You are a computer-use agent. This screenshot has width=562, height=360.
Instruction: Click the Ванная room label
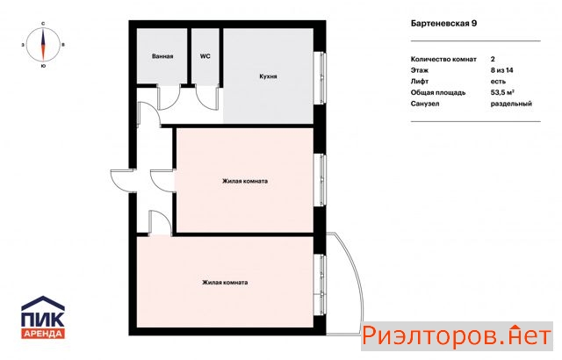coord(162,56)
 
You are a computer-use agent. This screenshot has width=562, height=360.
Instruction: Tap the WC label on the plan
coord(205,56)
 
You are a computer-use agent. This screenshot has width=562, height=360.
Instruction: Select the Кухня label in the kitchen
coord(268,76)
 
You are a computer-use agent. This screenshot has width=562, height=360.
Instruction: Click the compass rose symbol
coord(43,45)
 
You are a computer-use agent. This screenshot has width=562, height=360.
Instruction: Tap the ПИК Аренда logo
coord(43,317)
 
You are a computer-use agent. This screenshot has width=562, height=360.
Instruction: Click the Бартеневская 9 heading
coord(443,24)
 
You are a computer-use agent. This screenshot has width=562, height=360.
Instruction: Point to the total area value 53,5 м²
coord(502,92)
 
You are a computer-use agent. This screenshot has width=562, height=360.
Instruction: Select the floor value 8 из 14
coord(501,70)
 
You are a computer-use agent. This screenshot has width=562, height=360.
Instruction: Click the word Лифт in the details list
coord(420,82)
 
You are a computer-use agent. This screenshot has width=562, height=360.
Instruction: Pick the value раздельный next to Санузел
coord(511,104)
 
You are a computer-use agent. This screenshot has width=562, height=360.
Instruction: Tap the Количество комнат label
coord(443,59)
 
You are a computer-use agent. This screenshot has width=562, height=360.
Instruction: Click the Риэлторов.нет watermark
coord(457,336)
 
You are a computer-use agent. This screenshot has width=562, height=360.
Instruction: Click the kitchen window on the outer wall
coord(322,78)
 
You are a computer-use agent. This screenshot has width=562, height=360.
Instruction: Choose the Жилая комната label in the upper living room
coord(245,181)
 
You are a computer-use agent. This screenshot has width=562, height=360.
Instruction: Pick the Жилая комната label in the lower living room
coord(225,282)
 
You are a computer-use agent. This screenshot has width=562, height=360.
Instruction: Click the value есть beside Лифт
coord(498,82)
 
